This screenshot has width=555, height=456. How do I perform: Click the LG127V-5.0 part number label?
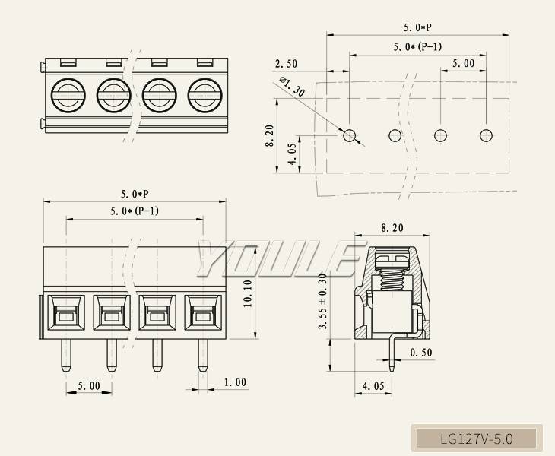pos(477,439)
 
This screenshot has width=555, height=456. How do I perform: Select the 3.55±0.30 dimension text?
pos(323,301)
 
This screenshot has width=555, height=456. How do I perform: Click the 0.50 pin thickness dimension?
pos(422,353)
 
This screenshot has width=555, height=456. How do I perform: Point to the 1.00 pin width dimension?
pos(234,382)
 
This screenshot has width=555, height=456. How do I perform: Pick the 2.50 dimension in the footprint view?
pos(286,64)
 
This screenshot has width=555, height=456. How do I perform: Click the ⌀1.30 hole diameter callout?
pos(292,87)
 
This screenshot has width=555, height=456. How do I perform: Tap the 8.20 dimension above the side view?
pos(392,227)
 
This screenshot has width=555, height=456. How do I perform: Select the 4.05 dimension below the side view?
pos(373,386)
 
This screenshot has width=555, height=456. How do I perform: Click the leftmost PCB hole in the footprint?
pos(350,135)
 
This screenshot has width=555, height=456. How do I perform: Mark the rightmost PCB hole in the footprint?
pos(486,135)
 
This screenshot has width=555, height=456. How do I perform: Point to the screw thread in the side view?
pos(392,277)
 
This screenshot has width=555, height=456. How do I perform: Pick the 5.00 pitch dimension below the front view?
pos(89,386)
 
